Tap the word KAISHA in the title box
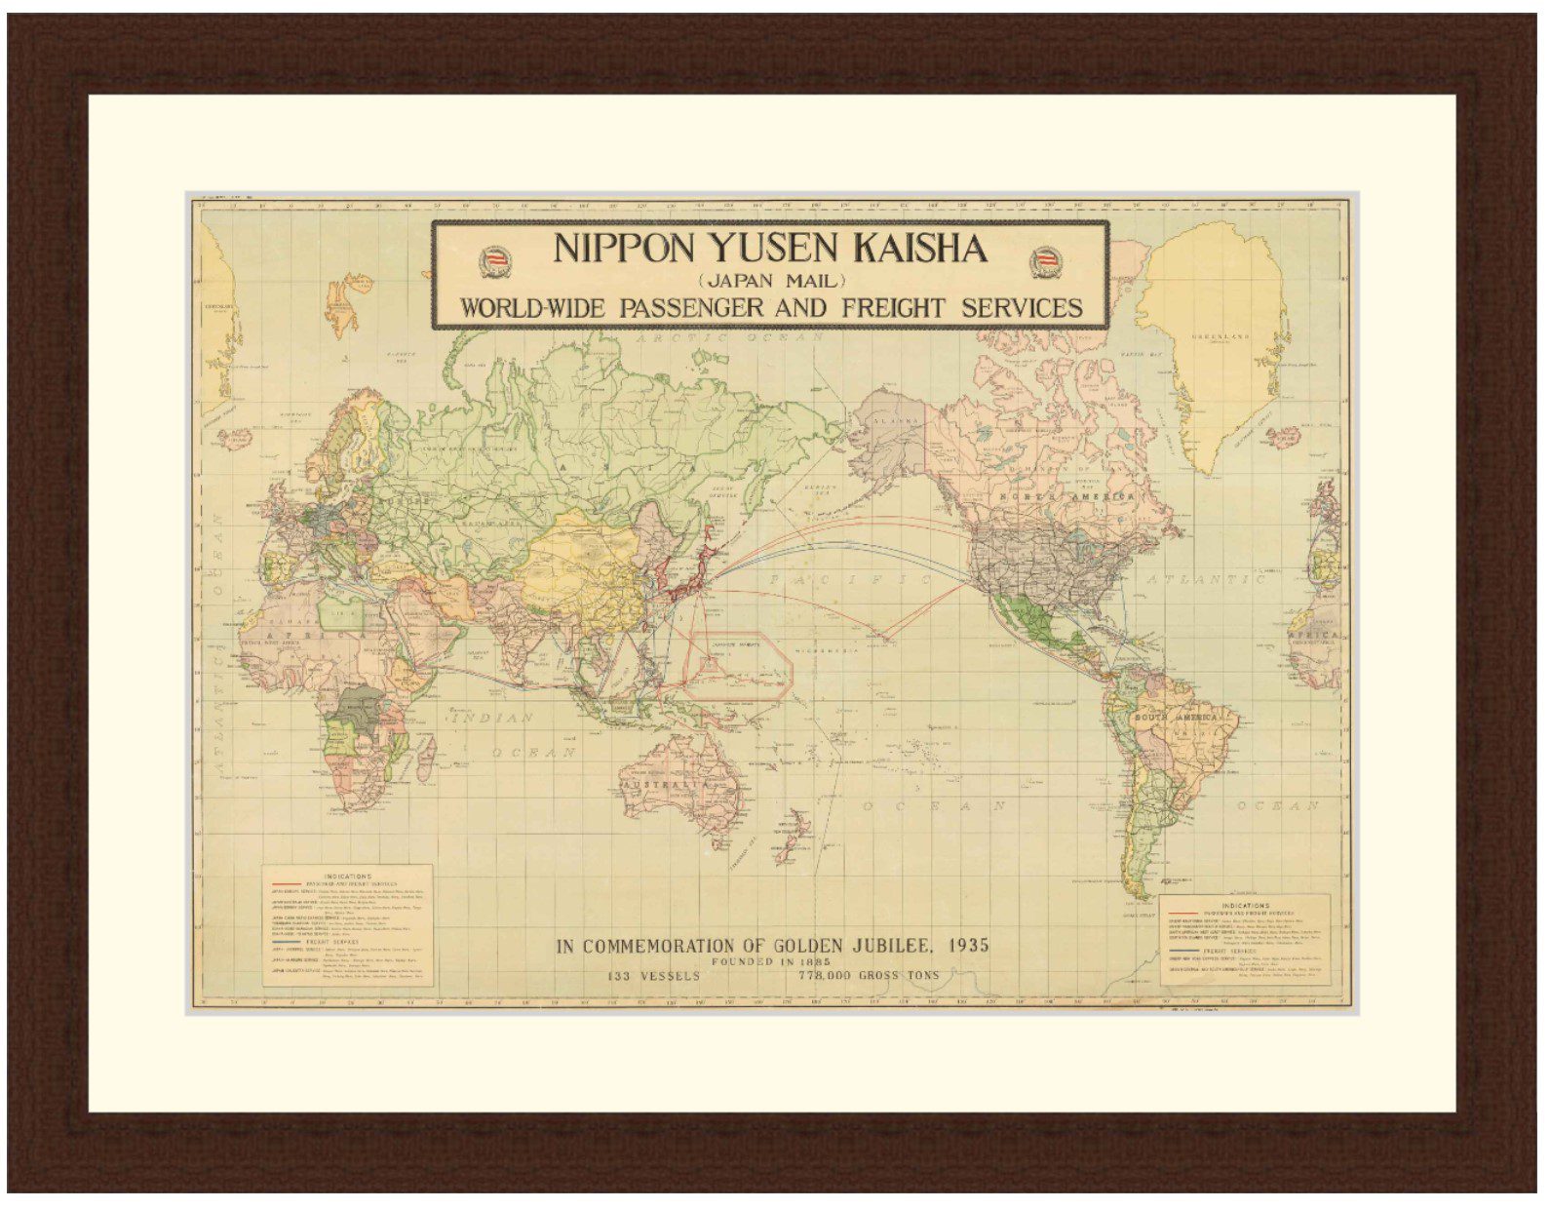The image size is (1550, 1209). [919, 249]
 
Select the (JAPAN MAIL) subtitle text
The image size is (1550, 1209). [770, 283]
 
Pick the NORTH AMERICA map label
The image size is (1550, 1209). [1068, 497]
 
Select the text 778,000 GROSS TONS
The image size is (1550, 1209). [869, 975]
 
